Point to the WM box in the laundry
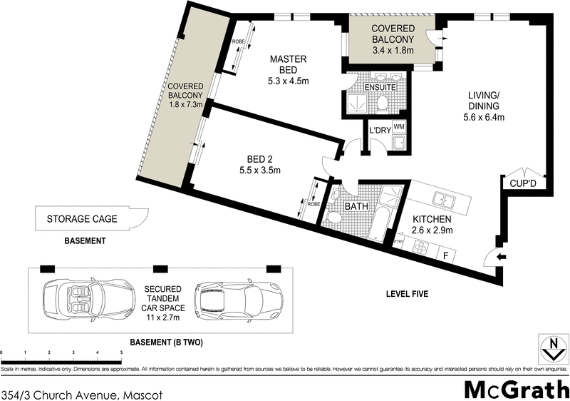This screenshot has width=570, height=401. pos(400,127)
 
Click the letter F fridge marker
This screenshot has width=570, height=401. pos(445,254)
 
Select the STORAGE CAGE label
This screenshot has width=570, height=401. pos(82,219)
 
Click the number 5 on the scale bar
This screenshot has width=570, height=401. pos(121,353)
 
